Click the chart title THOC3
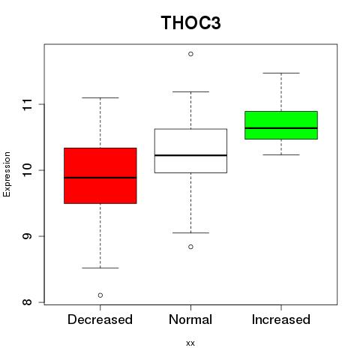click(x=190, y=22)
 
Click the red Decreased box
click(x=100, y=175)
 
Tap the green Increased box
click(x=281, y=125)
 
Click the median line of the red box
click(x=100, y=178)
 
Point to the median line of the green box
click(x=281, y=128)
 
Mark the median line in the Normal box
click(x=190, y=155)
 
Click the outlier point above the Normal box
click(x=190, y=54)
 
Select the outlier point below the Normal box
click(x=190, y=247)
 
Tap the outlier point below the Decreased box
click(x=100, y=295)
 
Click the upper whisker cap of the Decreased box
click(x=100, y=97)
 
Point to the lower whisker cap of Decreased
click(x=100, y=268)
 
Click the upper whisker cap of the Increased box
click(x=281, y=73)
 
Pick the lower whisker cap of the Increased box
click(x=281, y=154)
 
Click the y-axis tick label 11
click(x=27, y=104)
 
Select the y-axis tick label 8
click(x=27, y=302)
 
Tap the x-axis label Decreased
click(x=100, y=319)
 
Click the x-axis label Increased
click(x=281, y=319)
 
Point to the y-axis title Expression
click(x=7, y=174)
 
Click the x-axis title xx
click(x=190, y=343)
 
